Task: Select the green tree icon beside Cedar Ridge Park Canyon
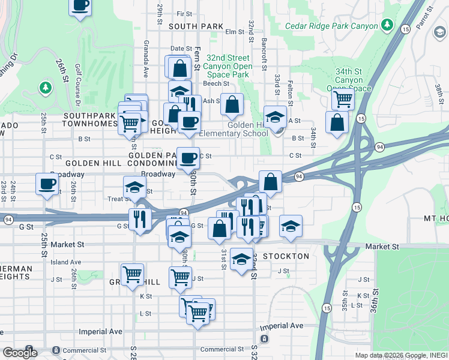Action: (x=388, y=25)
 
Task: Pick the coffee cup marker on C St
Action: (x=188, y=158)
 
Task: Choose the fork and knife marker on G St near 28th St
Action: (x=140, y=219)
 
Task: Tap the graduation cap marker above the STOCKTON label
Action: (x=241, y=259)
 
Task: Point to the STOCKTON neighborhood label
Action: (x=286, y=256)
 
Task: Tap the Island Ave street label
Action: (x=66, y=262)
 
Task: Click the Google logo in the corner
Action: (x=20, y=353)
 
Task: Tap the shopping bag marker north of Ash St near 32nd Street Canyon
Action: (x=232, y=105)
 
